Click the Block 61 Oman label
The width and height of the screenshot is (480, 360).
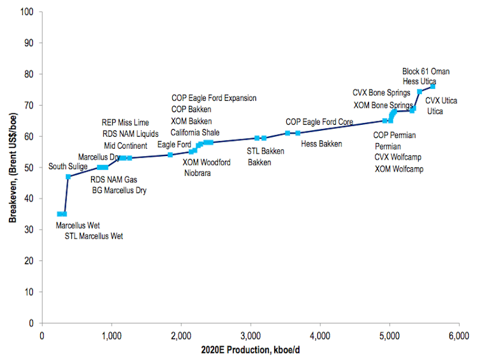pyautogui.click(x=425, y=71)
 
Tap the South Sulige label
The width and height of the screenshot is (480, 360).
pyautogui.click(x=69, y=166)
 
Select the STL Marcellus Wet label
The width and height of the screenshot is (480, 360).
pyautogui.click(x=94, y=236)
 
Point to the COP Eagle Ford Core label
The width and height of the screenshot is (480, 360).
pyautogui.click(x=319, y=122)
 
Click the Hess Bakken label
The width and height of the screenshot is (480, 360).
pyautogui.click(x=322, y=144)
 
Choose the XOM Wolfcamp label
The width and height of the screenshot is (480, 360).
pyautogui.click(x=399, y=169)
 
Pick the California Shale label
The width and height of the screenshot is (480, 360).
pyautogui.click(x=195, y=133)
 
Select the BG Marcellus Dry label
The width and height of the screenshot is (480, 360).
pyautogui.click(x=119, y=191)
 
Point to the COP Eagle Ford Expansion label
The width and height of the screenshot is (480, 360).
pyautogui.click(x=214, y=98)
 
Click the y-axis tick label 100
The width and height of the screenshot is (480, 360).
pyautogui.click(x=26, y=11)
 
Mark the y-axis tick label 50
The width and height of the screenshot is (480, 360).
pyautogui.click(x=28, y=167)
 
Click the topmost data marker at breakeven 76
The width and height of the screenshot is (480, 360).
pyautogui.click(x=432, y=86)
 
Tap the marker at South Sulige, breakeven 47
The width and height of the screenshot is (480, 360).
pyautogui.click(x=68, y=177)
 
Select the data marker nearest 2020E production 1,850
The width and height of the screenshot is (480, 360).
pyautogui.click(x=170, y=155)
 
